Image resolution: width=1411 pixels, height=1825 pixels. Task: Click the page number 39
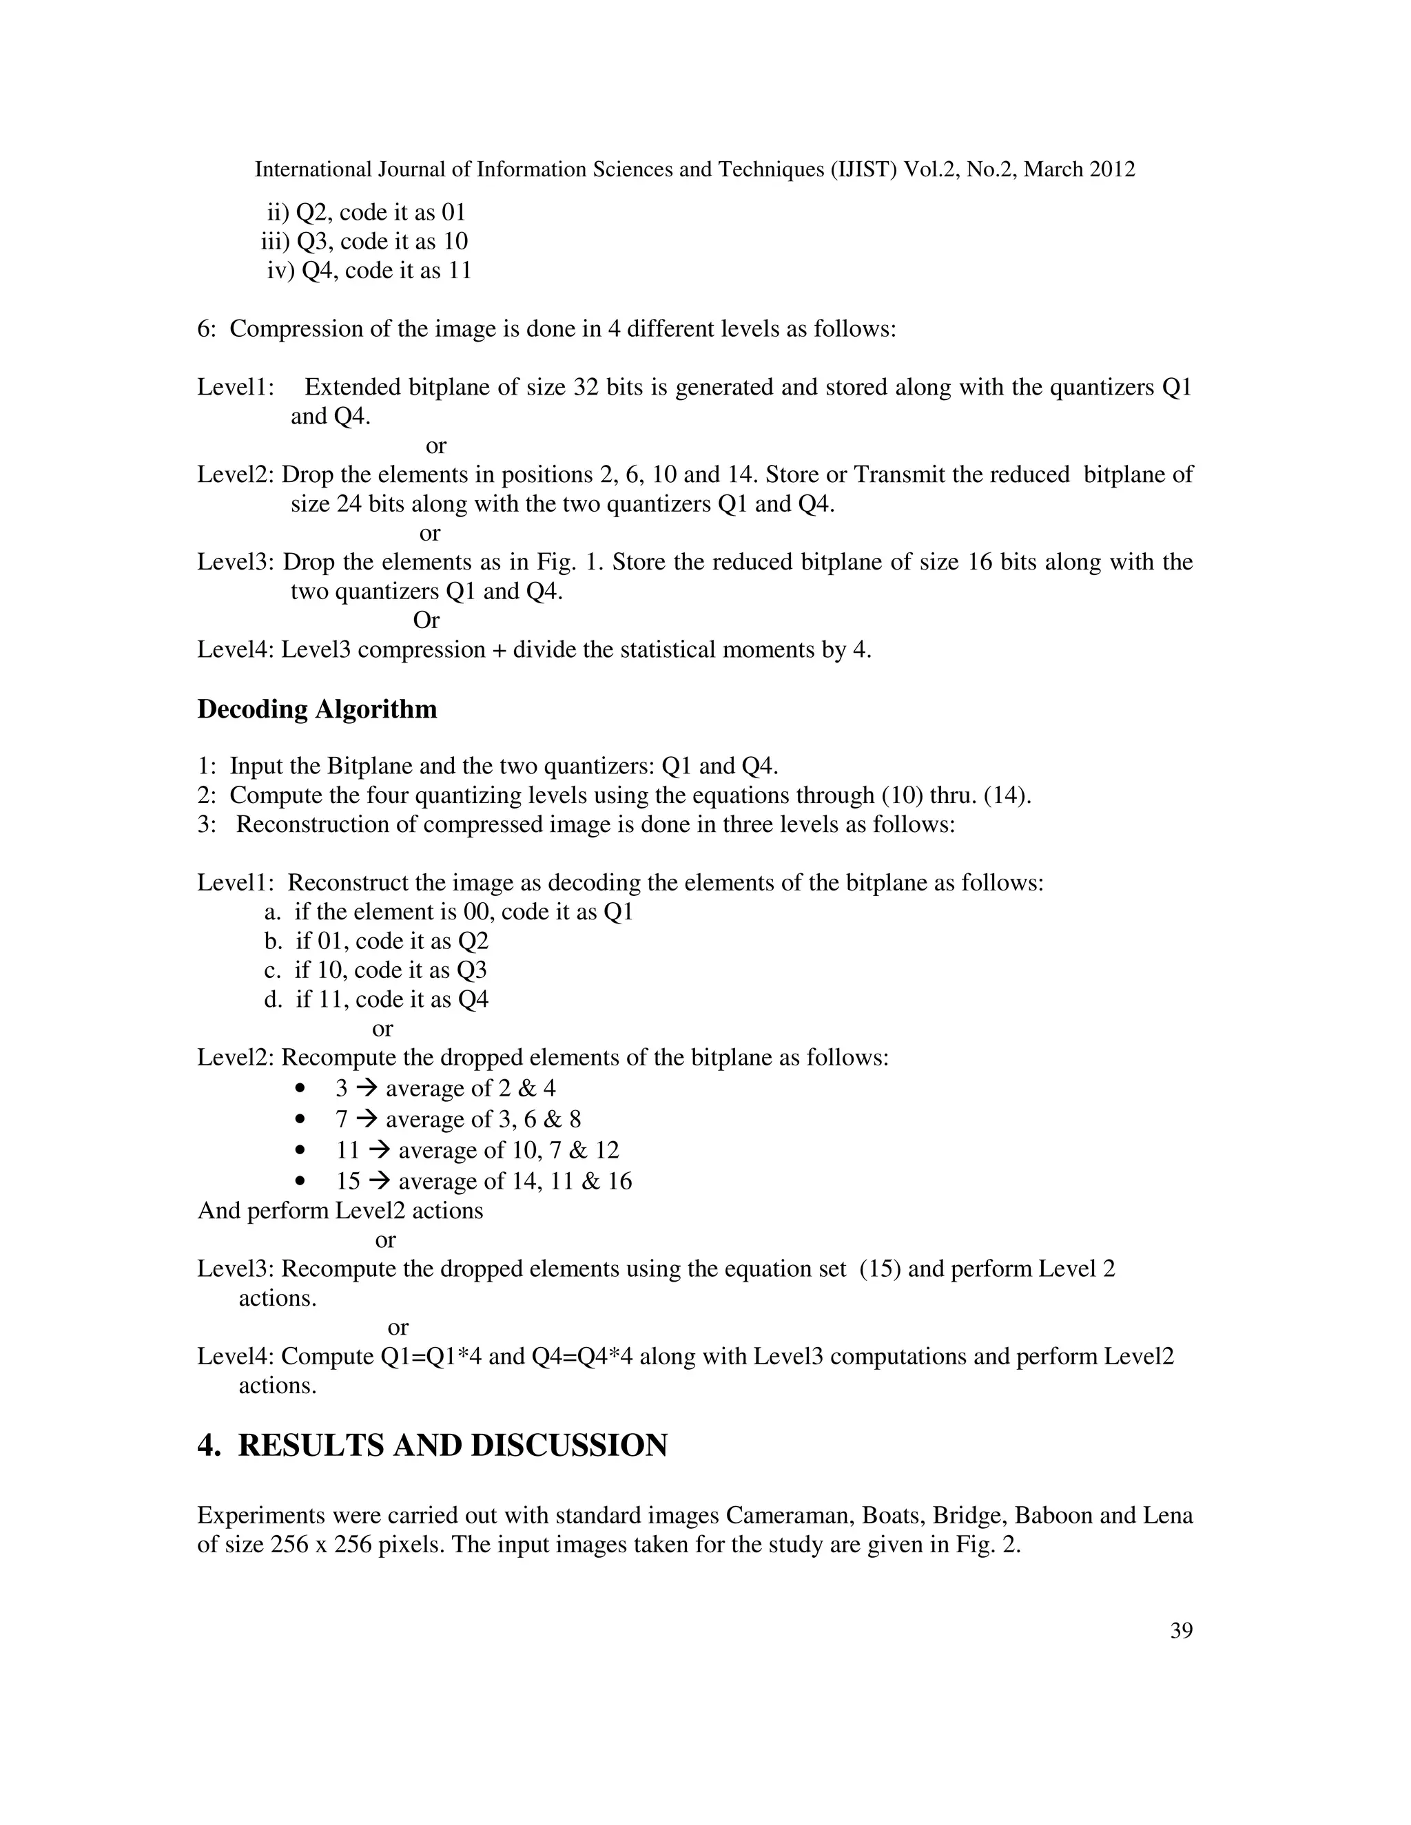pyautogui.click(x=1181, y=1630)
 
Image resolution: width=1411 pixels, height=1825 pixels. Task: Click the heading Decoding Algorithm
pyautogui.click(x=317, y=709)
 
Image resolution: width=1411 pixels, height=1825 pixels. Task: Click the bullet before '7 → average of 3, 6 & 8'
pyautogui.click(x=301, y=1120)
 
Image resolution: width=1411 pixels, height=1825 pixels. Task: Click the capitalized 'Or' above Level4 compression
pyautogui.click(x=426, y=620)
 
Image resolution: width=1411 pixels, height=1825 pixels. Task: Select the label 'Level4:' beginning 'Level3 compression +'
pyautogui.click(x=235, y=649)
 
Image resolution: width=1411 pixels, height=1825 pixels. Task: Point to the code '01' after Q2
pyautogui.click(x=453, y=212)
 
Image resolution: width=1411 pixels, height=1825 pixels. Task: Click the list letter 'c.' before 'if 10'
pyautogui.click(x=274, y=970)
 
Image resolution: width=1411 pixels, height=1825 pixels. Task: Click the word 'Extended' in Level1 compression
pyautogui.click(x=353, y=387)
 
